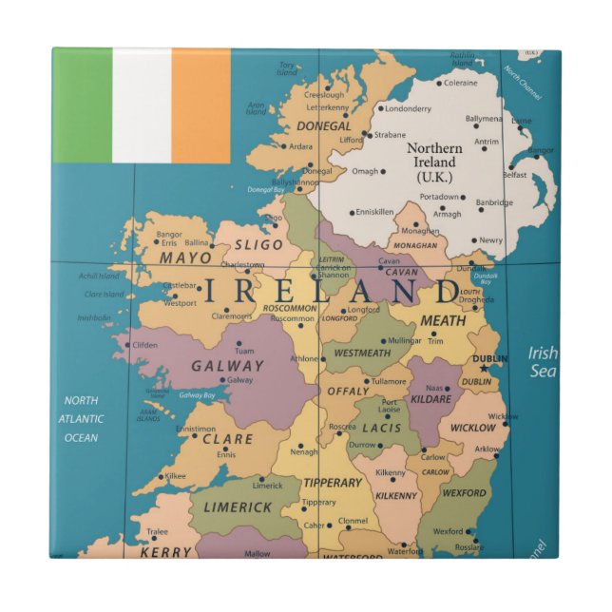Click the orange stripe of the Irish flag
pyautogui.click(x=201, y=105)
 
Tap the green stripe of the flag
pyautogui.click(x=83, y=105)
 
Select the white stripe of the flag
pyautogui.click(x=142, y=105)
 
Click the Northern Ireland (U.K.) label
pyautogui.click(x=435, y=163)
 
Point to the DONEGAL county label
pyautogui.click(x=324, y=125)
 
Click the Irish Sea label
pyautogui.click(x=543, y=361)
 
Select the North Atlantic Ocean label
pyautogui.click(x=81, y=419)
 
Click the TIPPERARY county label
pyautogui.click(x=333, y=483)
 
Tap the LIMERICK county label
pyautogui.click(x=238, y=507)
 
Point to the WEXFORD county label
pyautogui.click(x=464, y=493)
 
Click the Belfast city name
pyautogui.click(x=514, y=175)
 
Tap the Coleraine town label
pyautogui.click(x=461, y=83)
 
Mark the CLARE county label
pyautogui.click(x=228, y=439)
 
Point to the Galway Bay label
pyautogui.click(x=197, y=394)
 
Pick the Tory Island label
pyautogui.click(x=287, y=69)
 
